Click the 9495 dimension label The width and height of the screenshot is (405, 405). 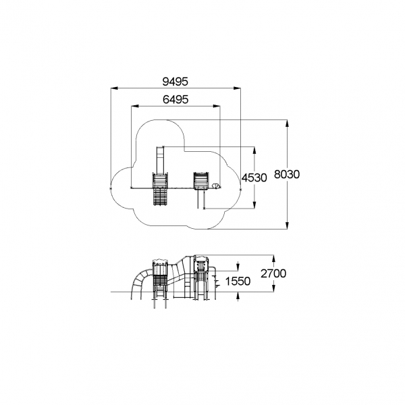click(175, 82)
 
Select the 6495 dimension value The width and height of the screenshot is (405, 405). click(175, 99)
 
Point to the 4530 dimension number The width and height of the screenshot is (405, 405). click(254, 178)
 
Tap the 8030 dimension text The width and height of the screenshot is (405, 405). click(287, 174)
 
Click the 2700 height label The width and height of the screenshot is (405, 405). click(273, 273)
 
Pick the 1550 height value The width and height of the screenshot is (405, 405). click(238, 281)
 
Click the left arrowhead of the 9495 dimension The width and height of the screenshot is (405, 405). click(115, 88)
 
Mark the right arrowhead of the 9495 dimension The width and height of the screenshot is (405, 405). click(237, 88)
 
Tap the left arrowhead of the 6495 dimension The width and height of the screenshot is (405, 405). click(135, 106)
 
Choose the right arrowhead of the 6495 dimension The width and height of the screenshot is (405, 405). click(217, 106)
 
